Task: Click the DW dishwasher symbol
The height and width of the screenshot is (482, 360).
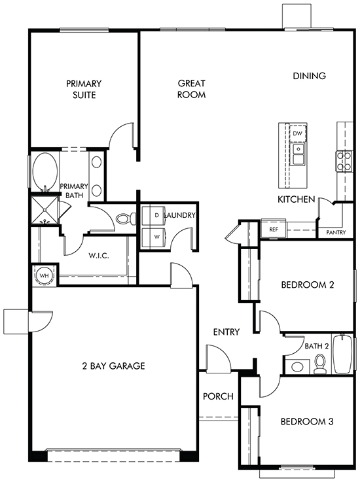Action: pyautogui.click(x=298, y=133)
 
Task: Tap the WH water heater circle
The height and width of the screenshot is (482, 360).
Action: pyautogui.click(x=45, y=275)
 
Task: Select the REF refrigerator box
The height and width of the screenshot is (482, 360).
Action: pyautogui.click(x=274, y=229)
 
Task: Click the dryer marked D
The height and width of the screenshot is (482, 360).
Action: pyautogui.click(x=154, y=215)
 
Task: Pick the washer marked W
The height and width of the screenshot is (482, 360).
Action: pyautogui.click(x=154, y=237)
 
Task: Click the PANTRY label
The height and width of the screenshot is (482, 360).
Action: pyautogui.click(x=336, y=233)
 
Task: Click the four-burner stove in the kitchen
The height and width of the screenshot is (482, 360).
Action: pyautogui.click(x=344, y=161)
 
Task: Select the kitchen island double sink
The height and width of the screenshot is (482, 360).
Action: pyautogui.click(x=298, y=154)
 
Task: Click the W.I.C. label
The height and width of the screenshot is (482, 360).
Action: pyautogui.click(x=99, y=256)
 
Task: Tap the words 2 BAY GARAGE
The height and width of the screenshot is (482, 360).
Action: pyautogui.click(x=113, y=366)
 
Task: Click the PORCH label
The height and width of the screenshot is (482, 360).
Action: pyautogui.click(x=218, y=396)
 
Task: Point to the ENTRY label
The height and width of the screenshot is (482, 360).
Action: pyautogui.click(x=226, y=332)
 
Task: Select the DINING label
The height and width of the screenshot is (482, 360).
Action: pyautogui.click(x=309, y=76)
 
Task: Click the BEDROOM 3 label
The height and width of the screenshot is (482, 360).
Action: pyautogui.click(x=307, y=421)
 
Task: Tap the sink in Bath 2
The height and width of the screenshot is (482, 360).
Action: pyautogui.click(x=298, y=366)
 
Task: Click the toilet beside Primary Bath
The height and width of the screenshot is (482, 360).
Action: pyautogui.click(x=126, y=218)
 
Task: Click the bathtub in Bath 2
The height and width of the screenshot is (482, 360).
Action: pyautogui.click(x=343, y=354)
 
